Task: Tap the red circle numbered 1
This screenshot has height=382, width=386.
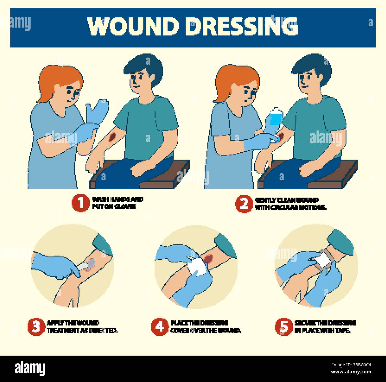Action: (x=80, y=203)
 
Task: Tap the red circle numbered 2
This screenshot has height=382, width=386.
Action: (x=244, y=204)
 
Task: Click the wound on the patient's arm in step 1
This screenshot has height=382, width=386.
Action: (x=112, y=137)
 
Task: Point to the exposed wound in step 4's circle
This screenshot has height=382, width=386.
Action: (x=208, y=258)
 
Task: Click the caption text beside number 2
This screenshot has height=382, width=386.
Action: (x=289, y=204)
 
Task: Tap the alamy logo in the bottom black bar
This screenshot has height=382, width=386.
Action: (x=30, y=368)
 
